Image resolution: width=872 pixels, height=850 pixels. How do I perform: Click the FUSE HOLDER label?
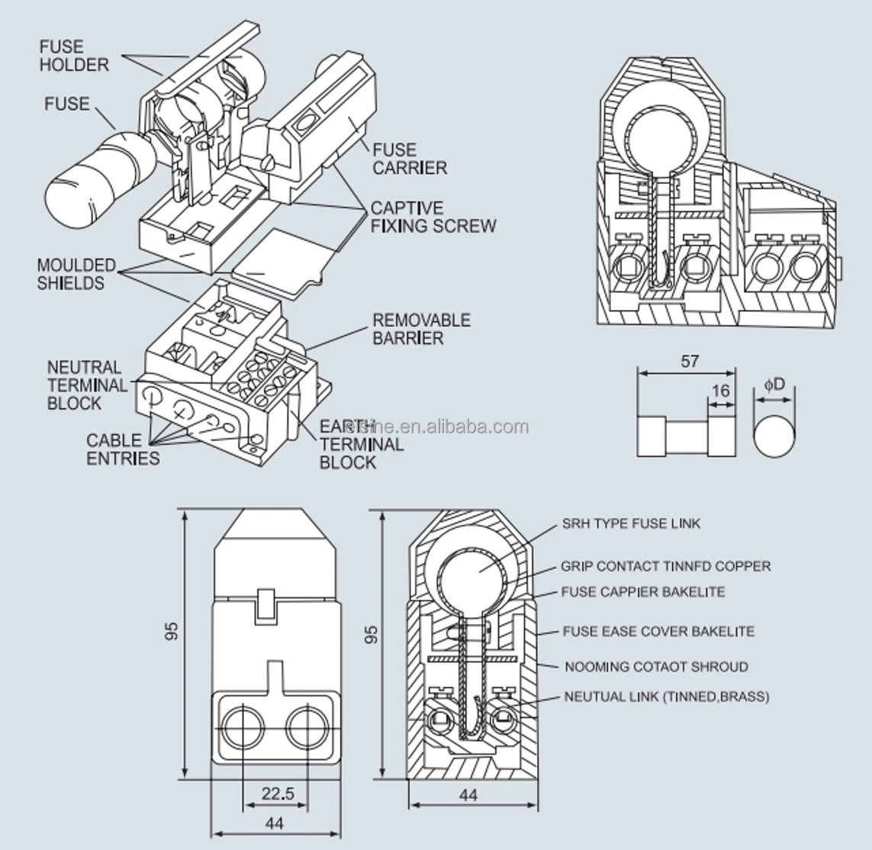tap(74, 56)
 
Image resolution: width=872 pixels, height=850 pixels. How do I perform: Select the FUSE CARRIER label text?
tap(410, 159)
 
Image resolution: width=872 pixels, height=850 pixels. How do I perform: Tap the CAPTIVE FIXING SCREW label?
tap(433, 217)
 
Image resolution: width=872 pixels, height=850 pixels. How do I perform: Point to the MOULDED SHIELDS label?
tap(76, 274)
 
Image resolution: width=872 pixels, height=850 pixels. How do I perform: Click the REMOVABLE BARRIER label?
tap(421, 329)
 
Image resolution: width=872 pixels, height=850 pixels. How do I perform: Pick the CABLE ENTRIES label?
tap(122, 449)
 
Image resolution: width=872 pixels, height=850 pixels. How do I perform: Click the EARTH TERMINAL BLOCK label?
tap(361, 444)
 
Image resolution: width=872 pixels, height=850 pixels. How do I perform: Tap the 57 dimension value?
tap(688, 361)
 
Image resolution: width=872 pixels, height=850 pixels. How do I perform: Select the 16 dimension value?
tap(720, 391)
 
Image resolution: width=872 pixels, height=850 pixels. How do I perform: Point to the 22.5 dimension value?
tap(277, 793)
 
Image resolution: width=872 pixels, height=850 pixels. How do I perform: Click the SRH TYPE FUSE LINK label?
tap(631, 523)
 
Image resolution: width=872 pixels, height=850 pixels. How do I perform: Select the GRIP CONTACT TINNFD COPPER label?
tap(665, 566)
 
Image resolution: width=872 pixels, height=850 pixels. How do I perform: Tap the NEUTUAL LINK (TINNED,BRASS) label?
tap(666, 697)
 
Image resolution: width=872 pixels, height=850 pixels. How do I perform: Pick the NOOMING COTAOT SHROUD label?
tap(656, 667)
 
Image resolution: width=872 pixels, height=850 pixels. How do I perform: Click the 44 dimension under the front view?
tap(275, 823)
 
